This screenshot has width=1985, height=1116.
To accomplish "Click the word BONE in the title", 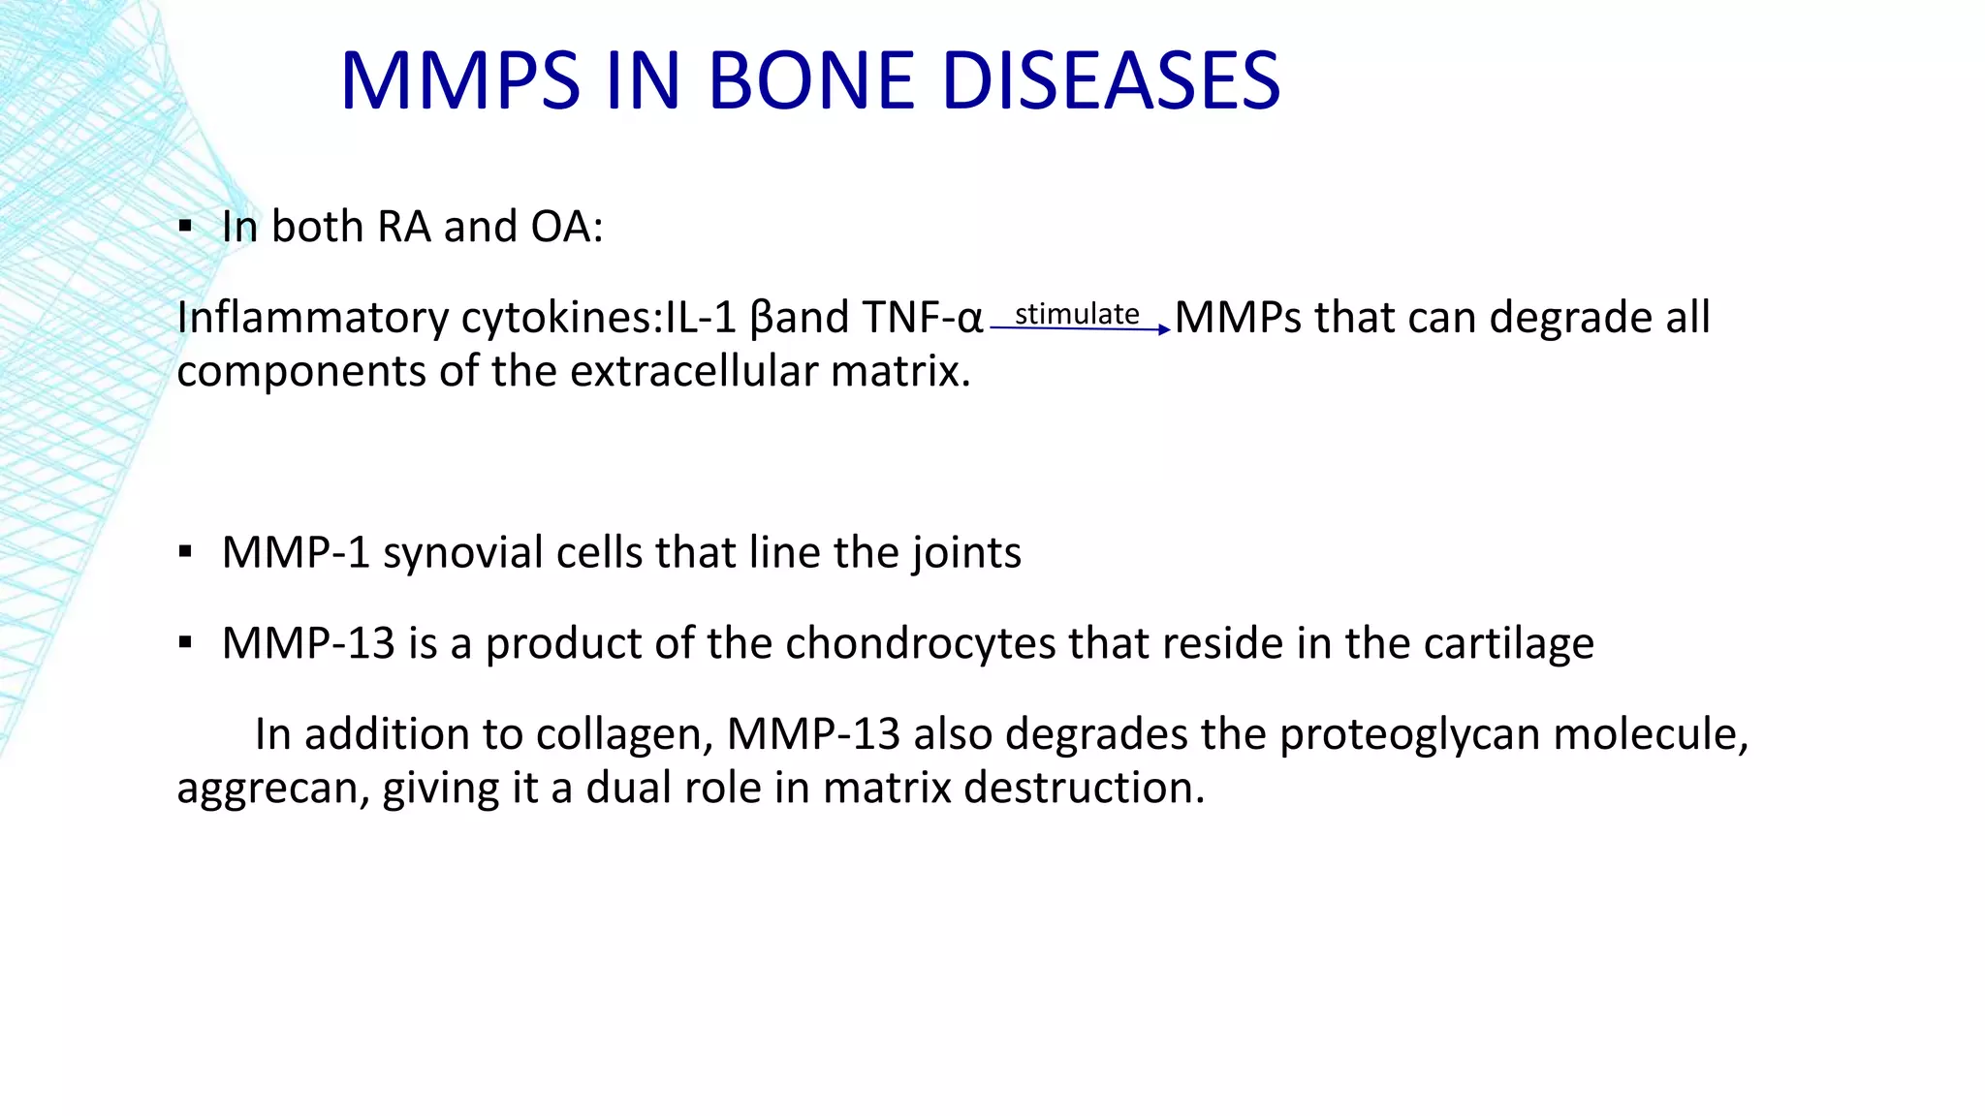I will tap(811, 81).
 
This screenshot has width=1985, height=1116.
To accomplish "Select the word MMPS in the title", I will tap(460, 81).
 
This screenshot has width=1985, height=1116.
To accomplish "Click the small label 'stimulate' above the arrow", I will tap(1076, 314).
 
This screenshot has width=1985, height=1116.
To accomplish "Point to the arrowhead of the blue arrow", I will tap(1165, 330).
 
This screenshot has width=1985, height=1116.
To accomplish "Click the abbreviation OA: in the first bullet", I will tap(567, 228).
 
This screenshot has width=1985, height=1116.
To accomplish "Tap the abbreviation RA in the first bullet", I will tap(404, 228).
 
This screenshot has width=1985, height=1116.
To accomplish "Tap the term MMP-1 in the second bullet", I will tap(296, 553).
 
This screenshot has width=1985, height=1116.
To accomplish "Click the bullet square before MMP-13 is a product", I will tap(185, 643).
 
